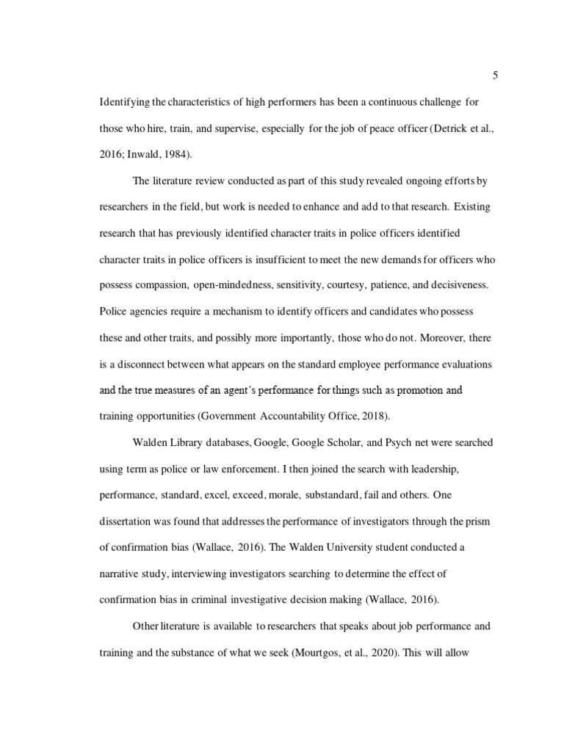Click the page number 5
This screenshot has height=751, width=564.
(x=496, y=75)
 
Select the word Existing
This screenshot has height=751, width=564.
(x=471, y=207)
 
